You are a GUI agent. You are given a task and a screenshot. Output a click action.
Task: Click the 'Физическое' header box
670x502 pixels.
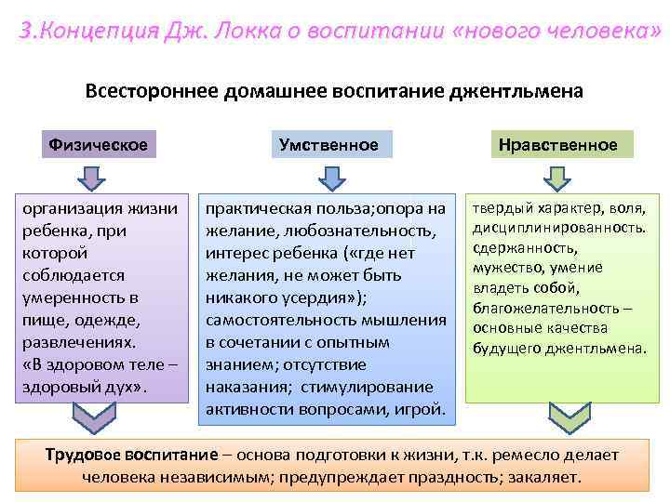tap(99, 145)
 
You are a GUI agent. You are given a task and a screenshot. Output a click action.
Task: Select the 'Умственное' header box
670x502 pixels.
tap(328, 145)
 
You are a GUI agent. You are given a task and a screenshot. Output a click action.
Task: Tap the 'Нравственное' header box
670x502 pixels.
tap(557, 145)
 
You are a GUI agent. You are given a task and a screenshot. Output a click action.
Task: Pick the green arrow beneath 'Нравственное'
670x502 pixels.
tap(556, 177)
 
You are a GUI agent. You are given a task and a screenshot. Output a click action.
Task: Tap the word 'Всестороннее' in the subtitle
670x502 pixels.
tap(148, 92)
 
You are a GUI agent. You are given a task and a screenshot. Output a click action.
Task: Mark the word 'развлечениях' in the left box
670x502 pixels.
tap(74, 341)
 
